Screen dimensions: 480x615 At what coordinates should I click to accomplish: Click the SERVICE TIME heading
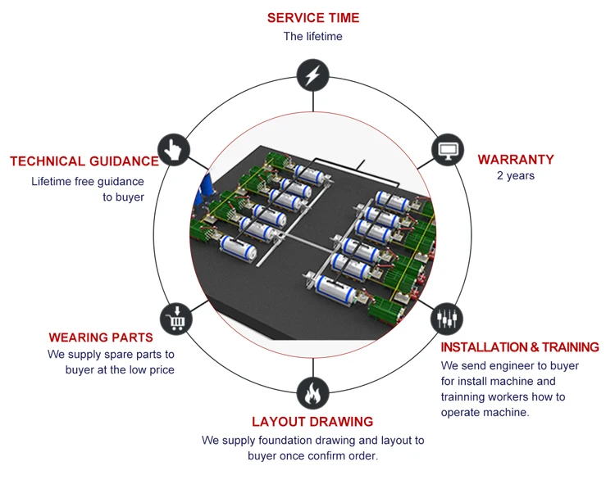(312, 17)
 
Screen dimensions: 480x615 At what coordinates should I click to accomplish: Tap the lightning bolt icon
(312, 75)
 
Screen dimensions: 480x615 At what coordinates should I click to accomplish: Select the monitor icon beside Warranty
(447, 151)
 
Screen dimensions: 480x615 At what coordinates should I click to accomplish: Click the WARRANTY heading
(516, 159)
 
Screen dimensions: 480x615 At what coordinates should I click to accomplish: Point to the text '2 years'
(516, 175)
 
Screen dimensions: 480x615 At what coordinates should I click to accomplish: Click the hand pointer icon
(174, 149)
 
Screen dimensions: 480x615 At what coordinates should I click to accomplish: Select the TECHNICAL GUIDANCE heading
(84, 161)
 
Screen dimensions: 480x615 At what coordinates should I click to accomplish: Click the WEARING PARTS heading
(101, 337)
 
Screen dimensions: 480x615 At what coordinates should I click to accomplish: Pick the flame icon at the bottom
(312, 393)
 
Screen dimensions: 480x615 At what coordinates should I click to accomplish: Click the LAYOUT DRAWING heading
(312, 422)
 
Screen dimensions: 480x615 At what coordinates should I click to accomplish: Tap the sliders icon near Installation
(446, 318)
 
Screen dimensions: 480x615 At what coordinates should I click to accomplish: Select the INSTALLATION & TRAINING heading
(520, 347)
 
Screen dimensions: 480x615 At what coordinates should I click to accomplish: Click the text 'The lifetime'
(312, 36)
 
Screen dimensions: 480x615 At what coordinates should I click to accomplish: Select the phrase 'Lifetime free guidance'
(88, 181)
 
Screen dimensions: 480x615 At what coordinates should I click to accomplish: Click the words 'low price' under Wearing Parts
(152, 369)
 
